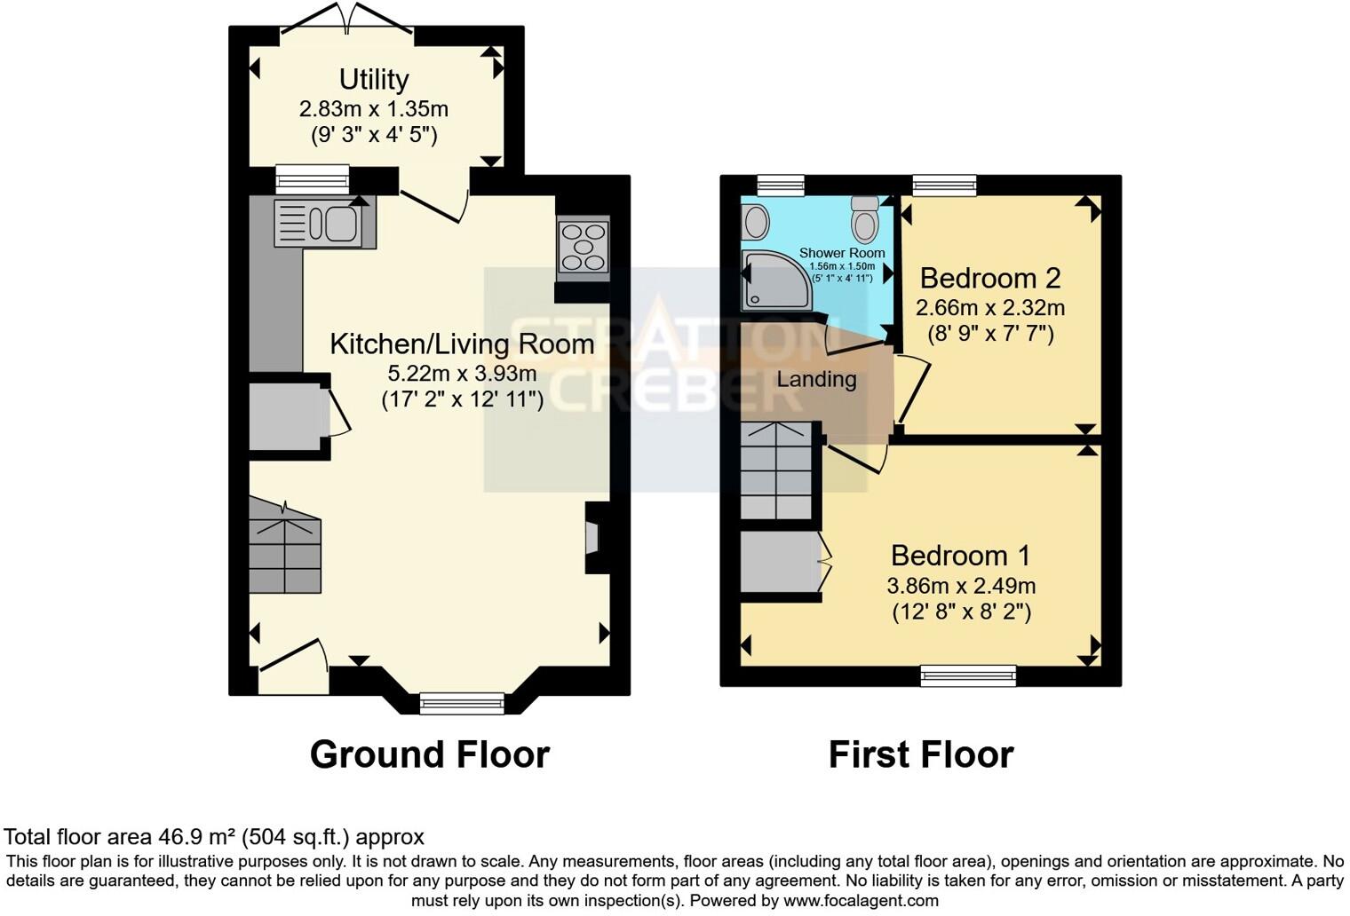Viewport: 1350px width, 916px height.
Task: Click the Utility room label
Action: [x=374, y=80]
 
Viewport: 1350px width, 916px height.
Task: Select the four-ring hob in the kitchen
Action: [x=583, y=249]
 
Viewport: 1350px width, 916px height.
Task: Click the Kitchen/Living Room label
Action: [x=462, y=344]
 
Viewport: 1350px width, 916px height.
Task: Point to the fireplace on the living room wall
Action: [x=592, y=538]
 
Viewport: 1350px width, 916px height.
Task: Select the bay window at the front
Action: [x=462, y=703]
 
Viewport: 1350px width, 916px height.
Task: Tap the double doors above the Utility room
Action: [x=347, y=20]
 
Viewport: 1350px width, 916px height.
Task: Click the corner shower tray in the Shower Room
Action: [x=776, y=280]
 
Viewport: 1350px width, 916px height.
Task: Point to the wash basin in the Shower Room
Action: [x=756, y=222]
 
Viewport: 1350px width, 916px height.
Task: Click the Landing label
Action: [x=816, y=380]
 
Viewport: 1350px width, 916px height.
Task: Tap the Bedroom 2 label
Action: [x=990, y=279]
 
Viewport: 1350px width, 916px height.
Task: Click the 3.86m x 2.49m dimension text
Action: [x=961, y=586]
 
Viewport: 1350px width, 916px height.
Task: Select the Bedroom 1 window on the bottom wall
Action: [x=968, y=675]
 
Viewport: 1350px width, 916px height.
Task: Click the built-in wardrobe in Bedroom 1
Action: [x=777, y=562]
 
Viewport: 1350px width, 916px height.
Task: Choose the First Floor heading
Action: [x=920, y=755]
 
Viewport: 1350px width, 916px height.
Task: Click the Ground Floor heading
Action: [x=430, y=755]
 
